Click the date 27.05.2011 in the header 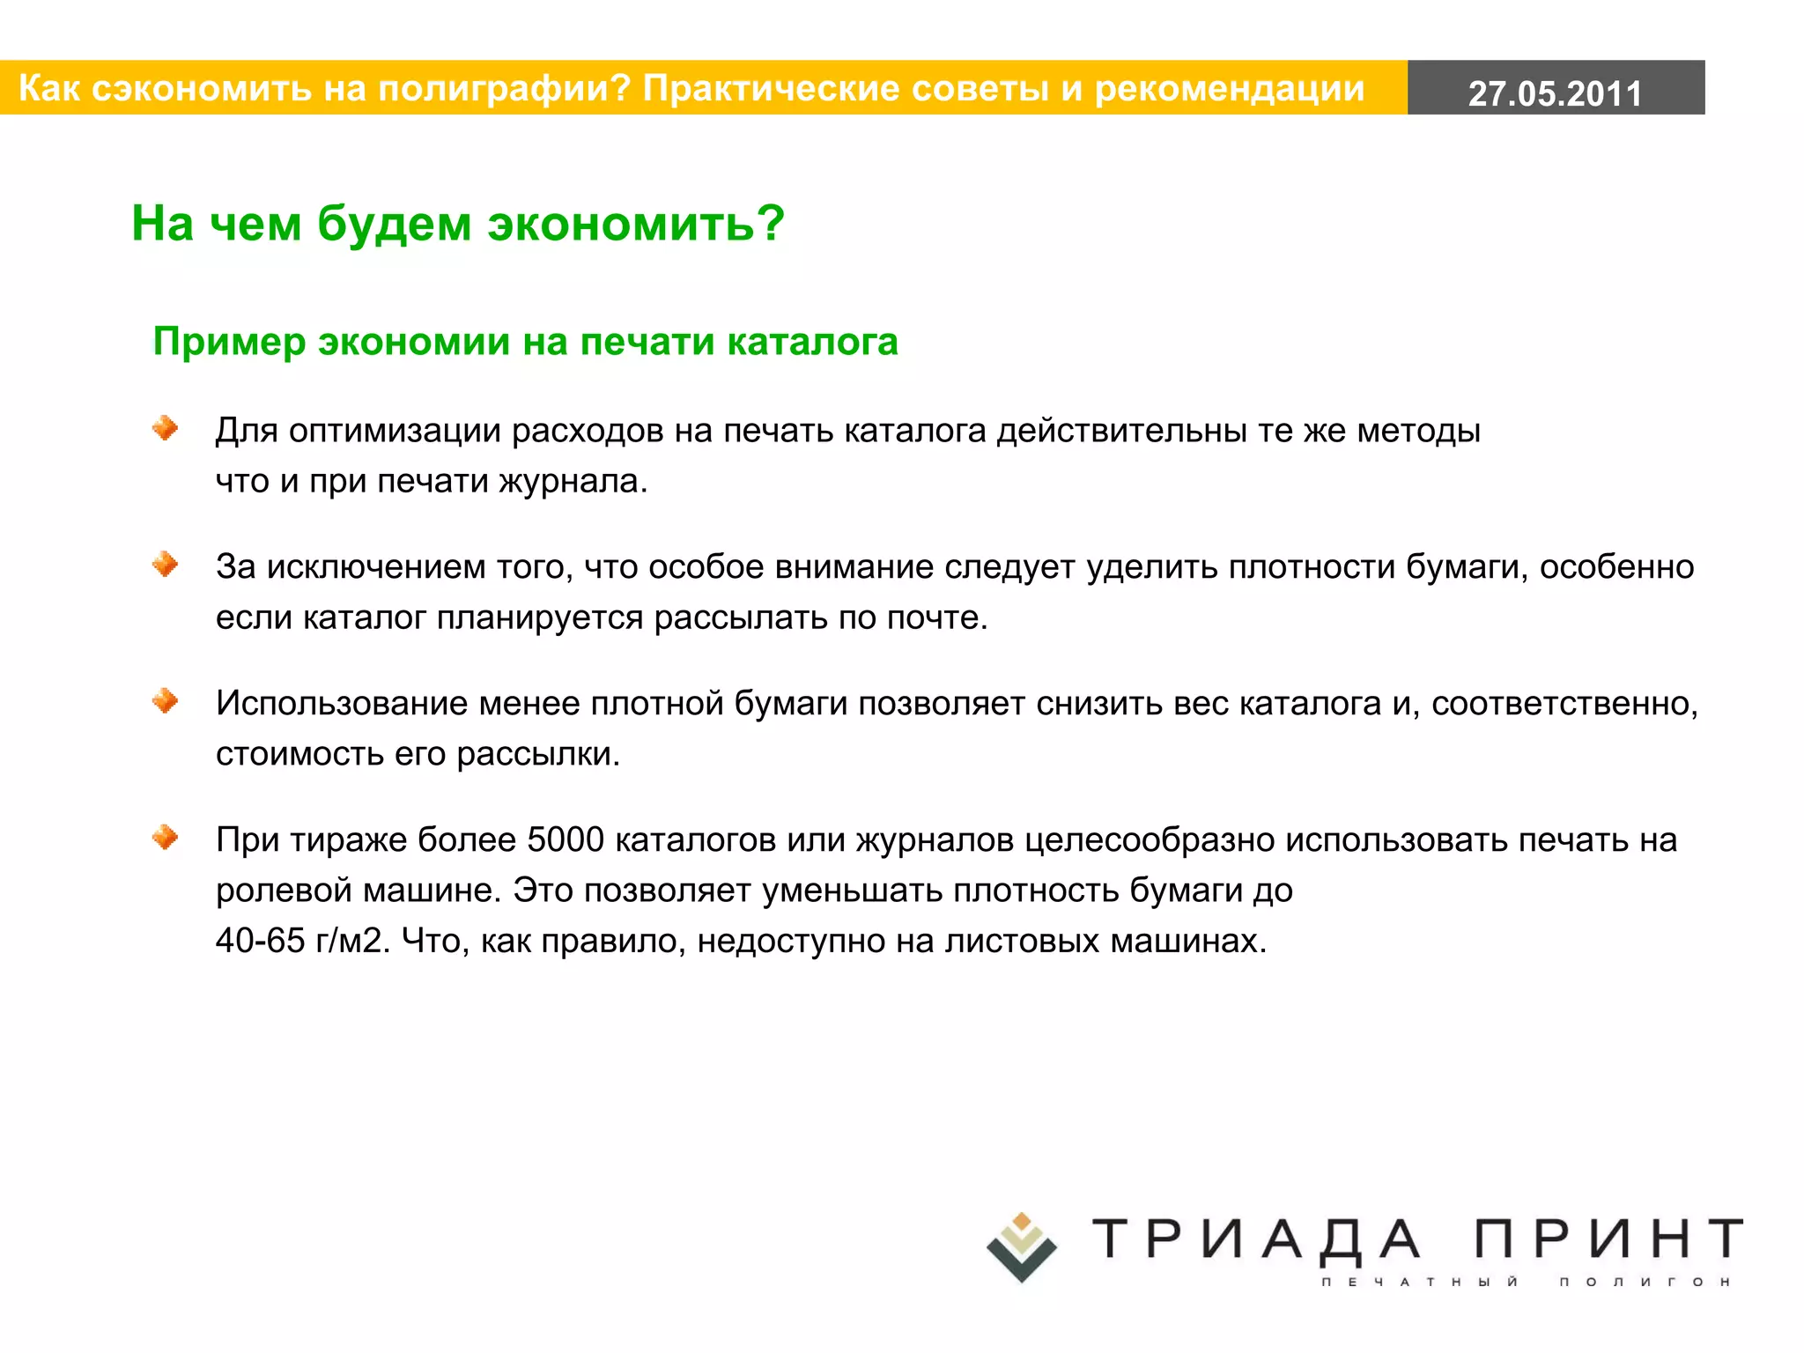[x=1555, y=92]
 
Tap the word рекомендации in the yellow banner [x=1230, y=89]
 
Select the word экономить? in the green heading [x=636, y=224]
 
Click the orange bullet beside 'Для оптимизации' [x=165, y=429]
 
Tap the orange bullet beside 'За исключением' [x=165, y=565]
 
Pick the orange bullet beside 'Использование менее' [x=165, y=701]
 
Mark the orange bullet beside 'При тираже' [x=165, y=838]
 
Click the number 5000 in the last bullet [x=566, y=840]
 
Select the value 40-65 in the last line [x=260, y=941]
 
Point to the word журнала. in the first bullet [x=573, y=482]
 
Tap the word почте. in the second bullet [x=937, y=617]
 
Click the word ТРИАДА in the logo [x=1256, y=1238]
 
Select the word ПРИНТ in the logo [x=1608, y=1238]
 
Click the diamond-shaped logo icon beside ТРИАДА [x=1022, y=1247]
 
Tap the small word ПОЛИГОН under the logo [x=1645, y=1282]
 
